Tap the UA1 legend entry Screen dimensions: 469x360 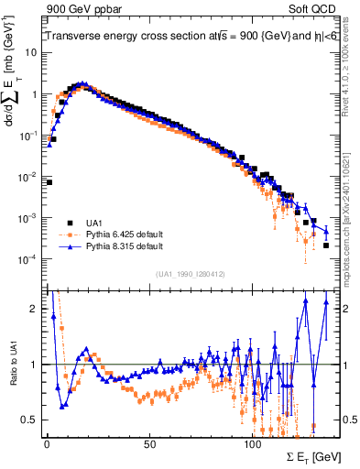click(95, 222)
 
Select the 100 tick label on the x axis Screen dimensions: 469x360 click(252, 443)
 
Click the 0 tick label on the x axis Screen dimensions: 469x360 click(47, 443)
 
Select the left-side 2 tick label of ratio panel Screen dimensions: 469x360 click(34, 309)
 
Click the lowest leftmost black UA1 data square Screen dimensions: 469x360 click(49, 182)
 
